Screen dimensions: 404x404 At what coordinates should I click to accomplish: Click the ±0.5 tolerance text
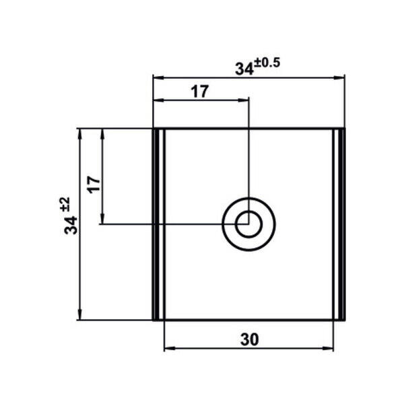267,63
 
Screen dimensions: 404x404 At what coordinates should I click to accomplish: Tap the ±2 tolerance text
65,204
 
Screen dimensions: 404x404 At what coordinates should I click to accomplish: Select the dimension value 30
249,339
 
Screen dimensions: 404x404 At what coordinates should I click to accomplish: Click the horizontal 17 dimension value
200,92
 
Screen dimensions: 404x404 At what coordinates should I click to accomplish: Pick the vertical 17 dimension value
94,184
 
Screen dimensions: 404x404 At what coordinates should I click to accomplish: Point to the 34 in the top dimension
244,69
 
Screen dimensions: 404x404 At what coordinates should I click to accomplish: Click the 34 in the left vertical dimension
71,226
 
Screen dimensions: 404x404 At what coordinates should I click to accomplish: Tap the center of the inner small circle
248,224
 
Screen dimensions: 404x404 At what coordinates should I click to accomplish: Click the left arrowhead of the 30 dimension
170,348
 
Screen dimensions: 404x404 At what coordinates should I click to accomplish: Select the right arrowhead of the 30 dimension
328,348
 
